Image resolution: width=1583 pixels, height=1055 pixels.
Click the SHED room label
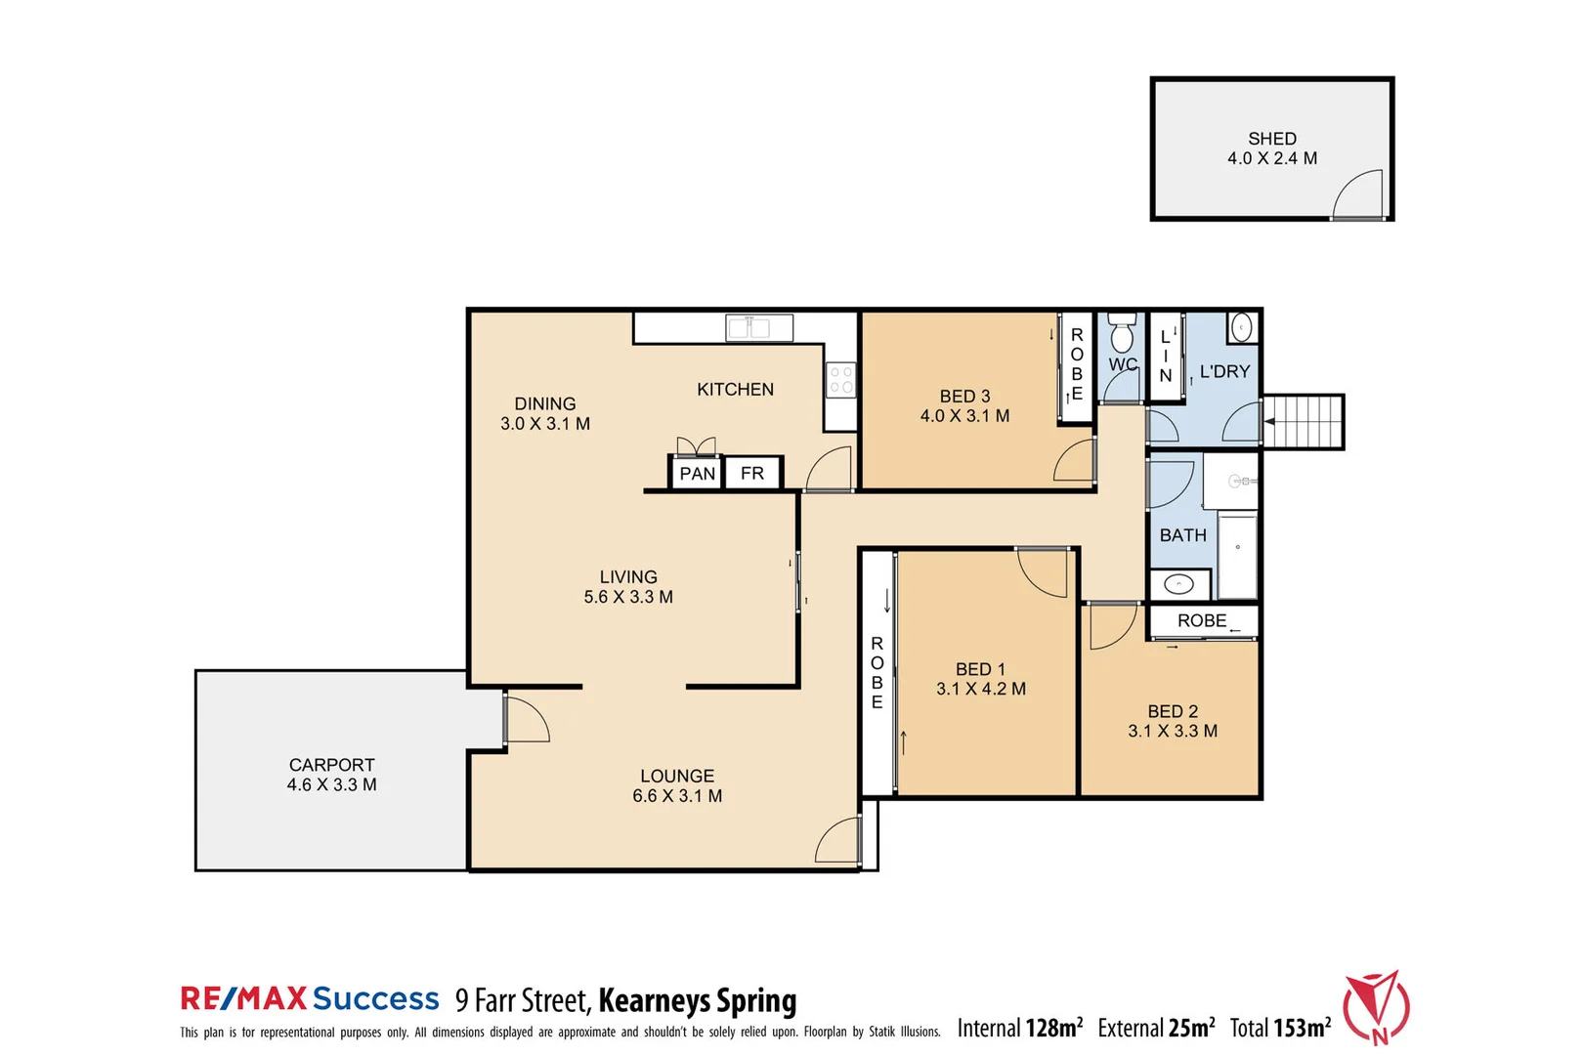[1271, 139]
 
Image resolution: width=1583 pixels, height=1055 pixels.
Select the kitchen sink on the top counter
[758, 327]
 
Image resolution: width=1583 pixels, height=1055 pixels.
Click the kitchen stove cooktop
[840, 380]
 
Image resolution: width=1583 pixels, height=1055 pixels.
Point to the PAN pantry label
[697, 474]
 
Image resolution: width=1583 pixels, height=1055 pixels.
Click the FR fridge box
[751, 473]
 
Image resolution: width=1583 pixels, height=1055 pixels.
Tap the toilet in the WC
[1121, 334]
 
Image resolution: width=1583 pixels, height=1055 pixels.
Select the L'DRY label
[1224, 371]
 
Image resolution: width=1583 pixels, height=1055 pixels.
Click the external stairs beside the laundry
[1305, 421]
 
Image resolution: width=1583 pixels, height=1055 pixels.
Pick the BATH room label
[1182, 535]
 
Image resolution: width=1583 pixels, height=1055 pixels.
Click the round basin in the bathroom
[1178, 584]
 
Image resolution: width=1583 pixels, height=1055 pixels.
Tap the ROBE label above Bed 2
[1201, 620]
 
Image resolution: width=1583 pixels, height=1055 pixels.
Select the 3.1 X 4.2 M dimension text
[980, 689]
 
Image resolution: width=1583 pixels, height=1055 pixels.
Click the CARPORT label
[331, 765]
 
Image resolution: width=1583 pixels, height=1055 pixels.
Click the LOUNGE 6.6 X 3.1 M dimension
[676, 796]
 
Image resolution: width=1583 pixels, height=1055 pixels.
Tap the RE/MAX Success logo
[310, 998]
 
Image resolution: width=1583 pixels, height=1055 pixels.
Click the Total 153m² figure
[1279, 1028]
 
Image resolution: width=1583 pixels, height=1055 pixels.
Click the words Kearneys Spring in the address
[697, 1000]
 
